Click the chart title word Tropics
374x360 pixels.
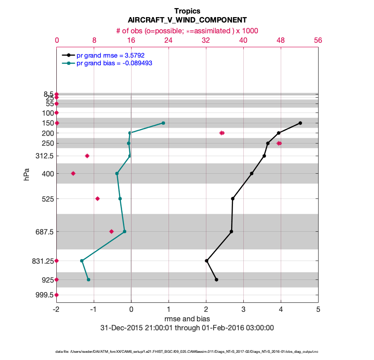click(x=187, y=11)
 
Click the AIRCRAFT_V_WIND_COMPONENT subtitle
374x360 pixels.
click(x=187, y=20)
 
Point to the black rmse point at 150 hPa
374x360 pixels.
click(x=300, y=123)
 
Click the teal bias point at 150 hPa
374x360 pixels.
click(x=163, y=123)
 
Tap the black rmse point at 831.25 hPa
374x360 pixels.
click(x=206, y=261)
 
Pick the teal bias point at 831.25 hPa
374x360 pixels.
click(x=82, y=261)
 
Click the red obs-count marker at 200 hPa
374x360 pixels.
click(x=222, y=133)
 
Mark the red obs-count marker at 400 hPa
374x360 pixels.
click(x=73, y=173)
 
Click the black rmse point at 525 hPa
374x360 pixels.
click(x=233, y=198)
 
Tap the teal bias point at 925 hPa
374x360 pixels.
click(x=88, y=279)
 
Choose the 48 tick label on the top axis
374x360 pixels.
click(x=281, y=40)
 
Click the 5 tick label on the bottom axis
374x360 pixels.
click(x=318, y=310)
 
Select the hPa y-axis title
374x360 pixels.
click(x=27, y=174)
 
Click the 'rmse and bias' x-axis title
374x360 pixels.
click(x=187, y=319)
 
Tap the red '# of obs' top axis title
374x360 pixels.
click(x=187, y=30)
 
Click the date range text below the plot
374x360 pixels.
click(x=187, y=328)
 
